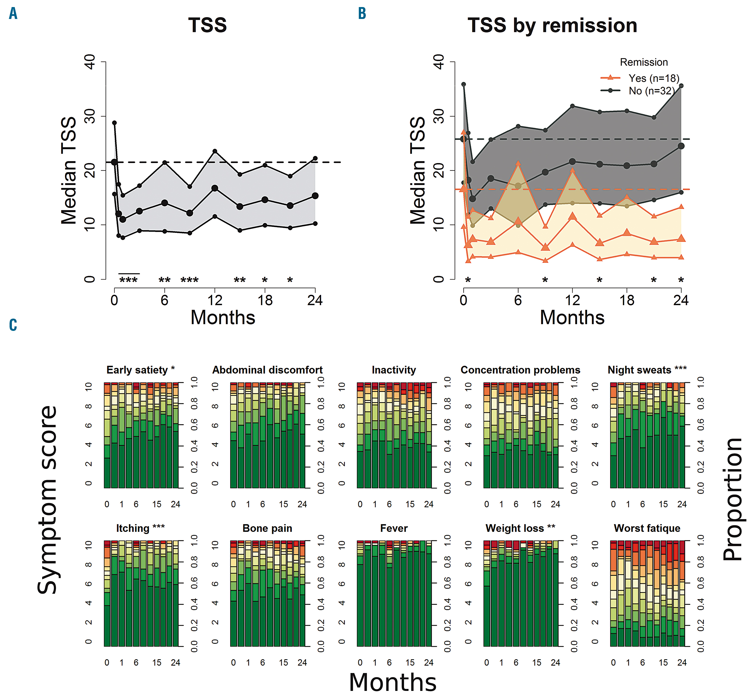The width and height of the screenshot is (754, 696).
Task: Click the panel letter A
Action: pyautogui.click(x=13, y=14)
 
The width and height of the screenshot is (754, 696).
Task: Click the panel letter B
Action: pyautogui.click(x=362, y=14)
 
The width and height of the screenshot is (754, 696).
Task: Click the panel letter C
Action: pyautogui.click(x=13, y=325)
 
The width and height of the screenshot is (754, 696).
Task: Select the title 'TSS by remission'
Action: pyautogui.click(x=552, y=26)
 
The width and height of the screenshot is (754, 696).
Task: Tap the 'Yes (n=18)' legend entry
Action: pyautogui.click(x=653, y=78)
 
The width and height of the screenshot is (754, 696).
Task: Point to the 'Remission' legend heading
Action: pyautogui.click(x=644, y=62)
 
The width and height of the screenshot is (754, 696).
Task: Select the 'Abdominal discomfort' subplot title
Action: pyautogui.click(x=267, y=370)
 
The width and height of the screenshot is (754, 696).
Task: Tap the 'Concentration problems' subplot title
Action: pyautogui.click(x=520, y=370)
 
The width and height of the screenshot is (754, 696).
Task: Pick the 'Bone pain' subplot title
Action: pyautogui.click(x=267, y=528)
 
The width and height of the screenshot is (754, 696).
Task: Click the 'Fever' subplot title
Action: pyautogui.click(x=394, y=528)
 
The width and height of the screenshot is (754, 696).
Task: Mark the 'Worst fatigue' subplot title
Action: pyautogui.click(x=647, y=528)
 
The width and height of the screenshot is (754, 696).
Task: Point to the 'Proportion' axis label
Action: pyautogui.click(x=732, y=499)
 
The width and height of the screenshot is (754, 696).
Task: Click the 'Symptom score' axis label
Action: pyautogui.click(x=47, y=499)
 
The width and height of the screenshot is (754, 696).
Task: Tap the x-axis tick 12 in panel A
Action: pyautogui.click(x=215, y=300)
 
